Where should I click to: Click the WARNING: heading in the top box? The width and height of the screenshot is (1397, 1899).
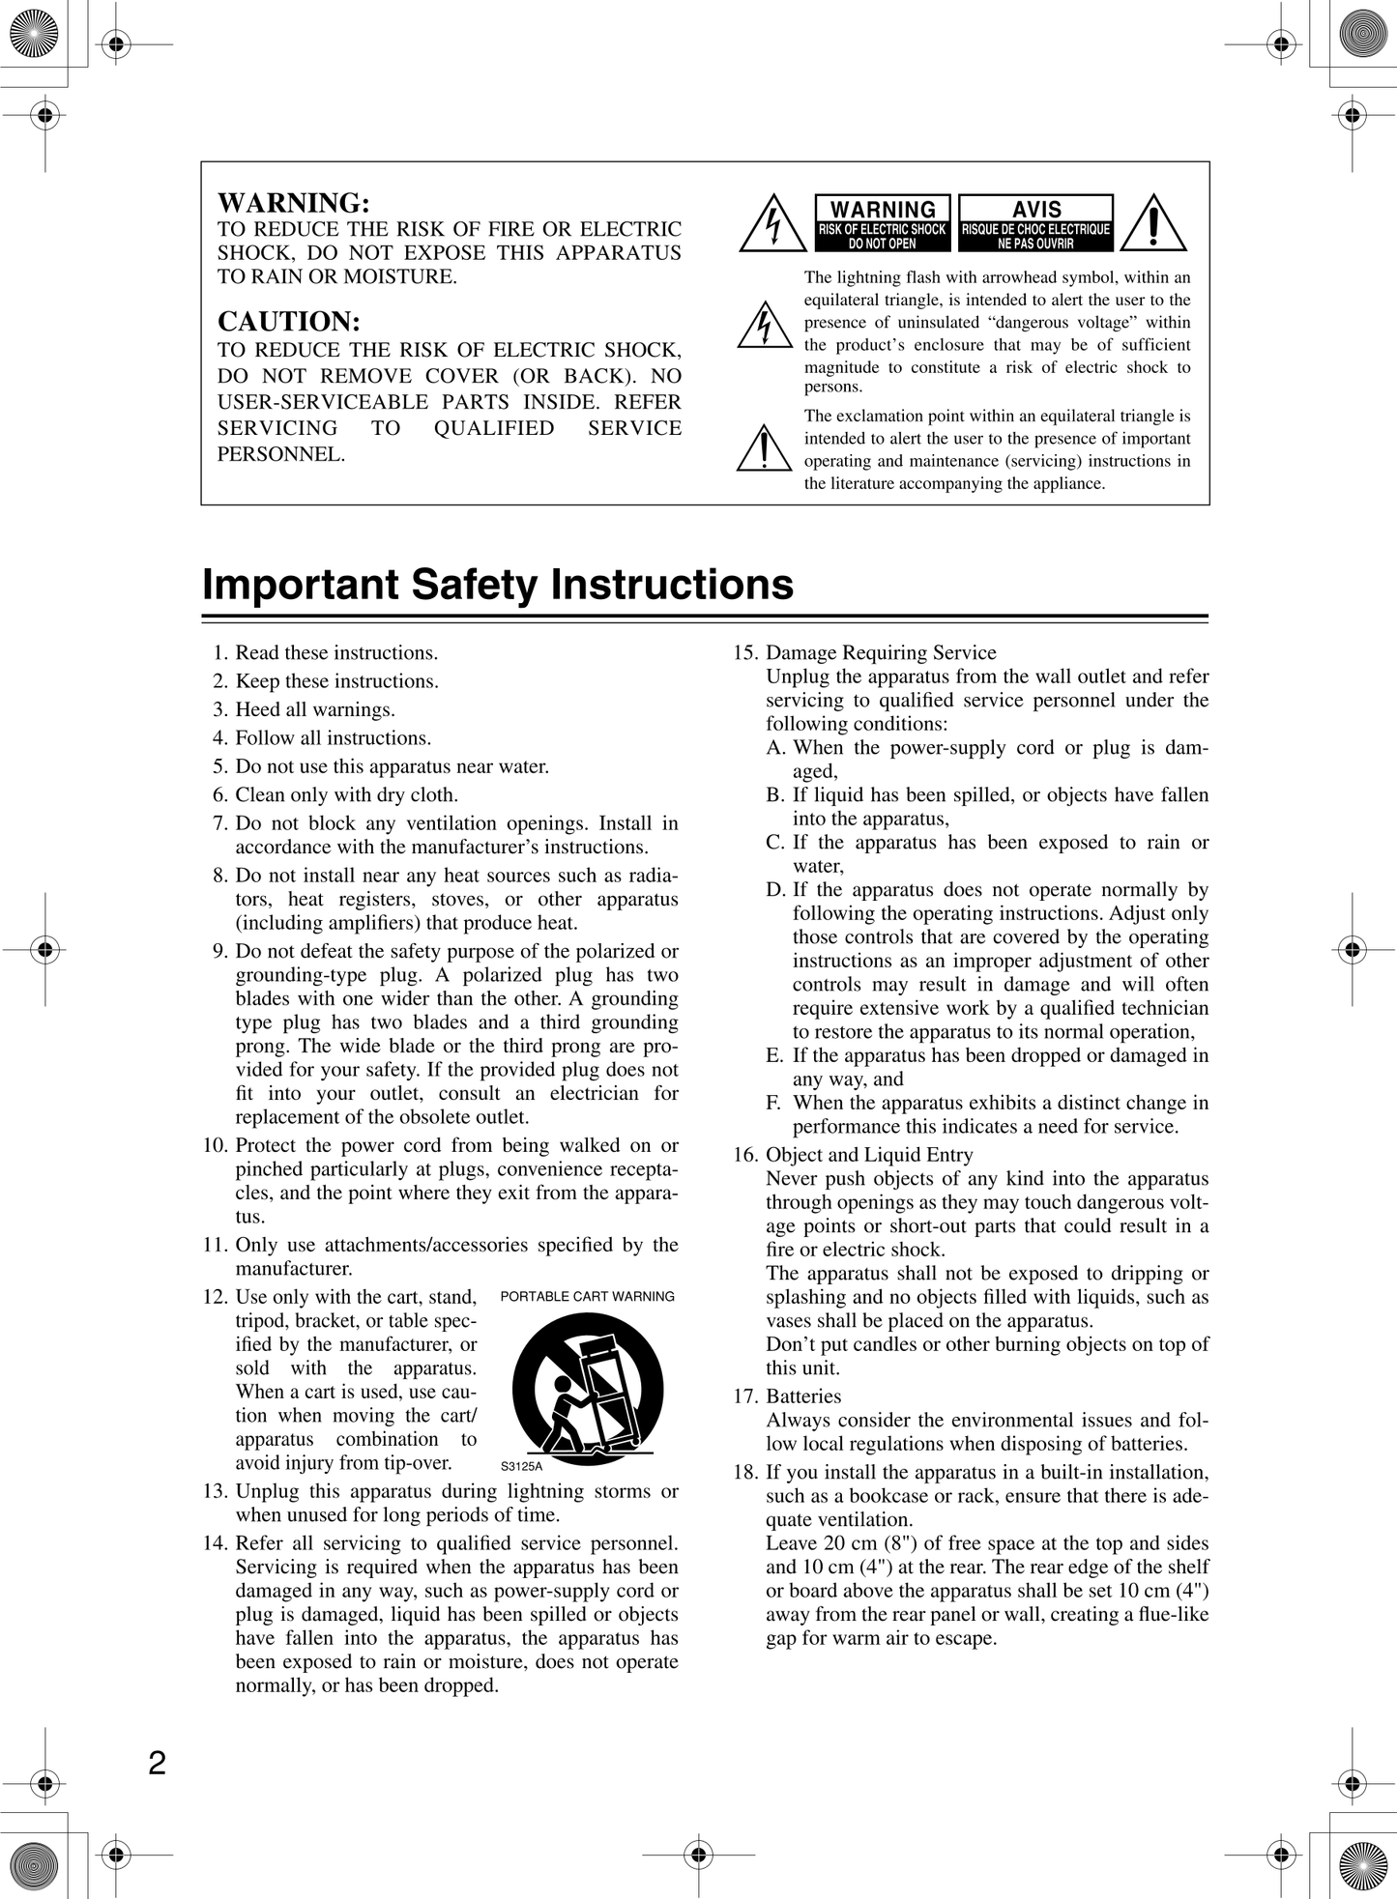294,203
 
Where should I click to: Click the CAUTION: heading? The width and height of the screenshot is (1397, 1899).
289,322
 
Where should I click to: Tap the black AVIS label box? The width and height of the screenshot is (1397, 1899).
1035,223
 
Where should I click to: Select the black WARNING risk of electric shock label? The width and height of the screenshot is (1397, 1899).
883,223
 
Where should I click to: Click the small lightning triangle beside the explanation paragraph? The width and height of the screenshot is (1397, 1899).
765,326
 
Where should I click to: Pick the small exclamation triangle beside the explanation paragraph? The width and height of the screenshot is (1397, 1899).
764,448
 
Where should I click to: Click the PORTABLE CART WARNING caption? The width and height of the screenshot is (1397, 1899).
587,1297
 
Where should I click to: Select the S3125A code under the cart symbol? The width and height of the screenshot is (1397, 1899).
521,1466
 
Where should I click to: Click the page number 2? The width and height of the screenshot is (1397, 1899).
158,1764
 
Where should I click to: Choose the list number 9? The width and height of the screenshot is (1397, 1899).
220,951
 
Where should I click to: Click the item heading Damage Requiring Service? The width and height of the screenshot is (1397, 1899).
881,652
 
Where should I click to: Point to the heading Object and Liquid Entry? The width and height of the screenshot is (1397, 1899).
869,1155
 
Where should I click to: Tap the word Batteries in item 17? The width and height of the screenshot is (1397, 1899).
803,1396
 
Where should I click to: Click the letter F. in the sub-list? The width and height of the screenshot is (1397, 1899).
774,1103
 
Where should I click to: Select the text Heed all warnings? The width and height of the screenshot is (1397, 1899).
315,709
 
